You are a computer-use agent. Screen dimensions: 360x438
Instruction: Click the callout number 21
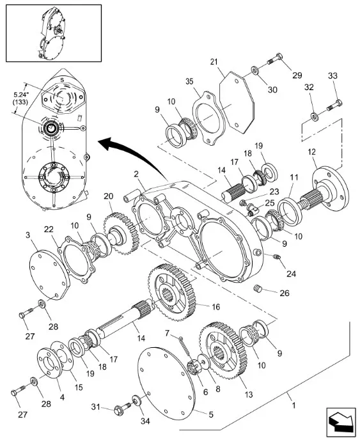coord(214,62)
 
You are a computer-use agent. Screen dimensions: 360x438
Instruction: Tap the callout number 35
coord(189,81)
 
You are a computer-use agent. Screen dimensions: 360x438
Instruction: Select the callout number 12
coord(311,152)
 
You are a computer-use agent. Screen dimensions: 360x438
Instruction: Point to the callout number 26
coord(285,293)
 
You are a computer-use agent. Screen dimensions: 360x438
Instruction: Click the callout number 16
coord(216,307)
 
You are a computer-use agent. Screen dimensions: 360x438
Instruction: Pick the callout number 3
coord(27,235)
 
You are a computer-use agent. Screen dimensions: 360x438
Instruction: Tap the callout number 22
coord(49,230)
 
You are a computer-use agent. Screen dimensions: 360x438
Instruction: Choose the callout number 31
coord(95,407)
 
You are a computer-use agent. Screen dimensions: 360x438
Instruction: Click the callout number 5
coord(211,414)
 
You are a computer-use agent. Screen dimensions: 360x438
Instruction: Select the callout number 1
coord(293,405)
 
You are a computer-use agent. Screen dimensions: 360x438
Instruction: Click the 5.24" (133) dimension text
coord(20,98)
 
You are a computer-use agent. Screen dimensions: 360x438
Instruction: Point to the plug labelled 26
coord(259,288)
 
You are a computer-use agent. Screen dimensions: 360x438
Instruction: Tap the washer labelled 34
coord(137,400)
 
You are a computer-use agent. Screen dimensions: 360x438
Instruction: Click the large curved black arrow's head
coord(107,143)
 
